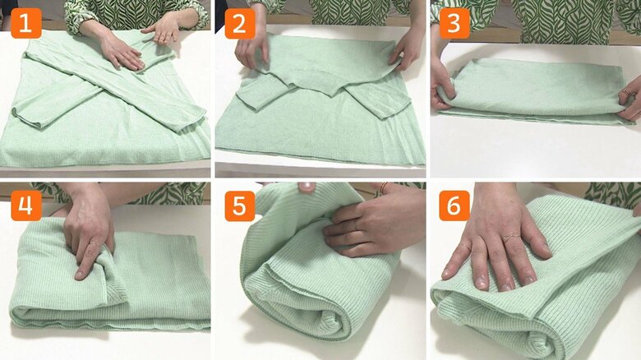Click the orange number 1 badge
[25, 23]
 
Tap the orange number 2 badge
[239, 23]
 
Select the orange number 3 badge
[454, 23]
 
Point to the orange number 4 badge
[25, 205]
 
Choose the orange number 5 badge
[239, 205]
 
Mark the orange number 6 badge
[454, 205]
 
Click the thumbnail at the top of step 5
[306, 187]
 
